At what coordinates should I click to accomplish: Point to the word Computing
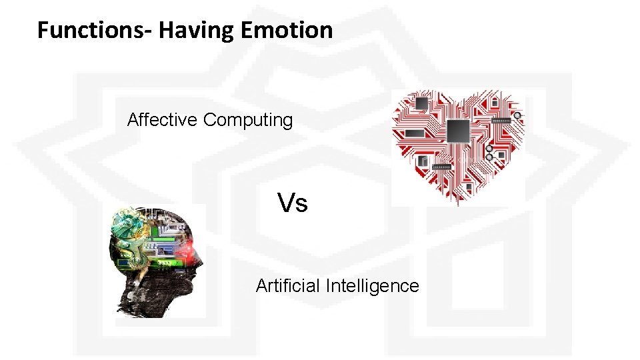click(x=248, y=121)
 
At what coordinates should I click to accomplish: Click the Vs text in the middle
click(x=293, y=203)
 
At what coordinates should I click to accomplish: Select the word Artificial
click(x=288, y=286)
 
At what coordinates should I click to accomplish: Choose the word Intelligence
click(x=373, y=286)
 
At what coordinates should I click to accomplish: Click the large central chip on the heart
click(x=458, y=131)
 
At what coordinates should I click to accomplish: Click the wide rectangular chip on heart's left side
click(x=414, y=133)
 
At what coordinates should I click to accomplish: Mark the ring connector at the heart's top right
click(x=517, y=115)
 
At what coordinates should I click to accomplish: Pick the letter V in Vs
click(x=285, y=203)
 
